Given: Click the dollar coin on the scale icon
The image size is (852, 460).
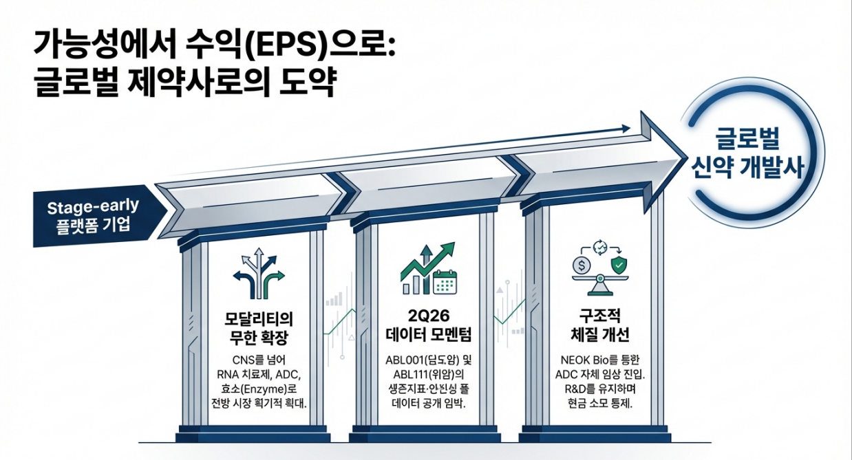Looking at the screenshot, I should (x=583, y=263).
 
